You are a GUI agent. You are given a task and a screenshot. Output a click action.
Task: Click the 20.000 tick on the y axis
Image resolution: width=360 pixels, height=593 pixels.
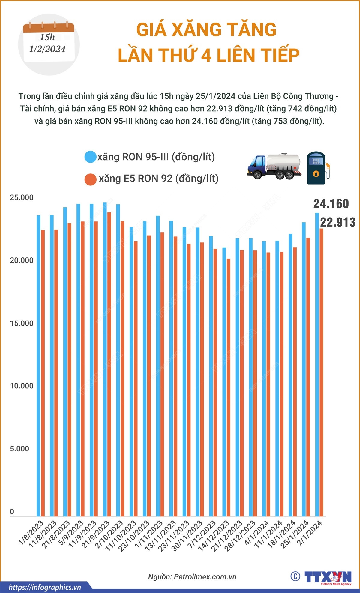click(22, 260)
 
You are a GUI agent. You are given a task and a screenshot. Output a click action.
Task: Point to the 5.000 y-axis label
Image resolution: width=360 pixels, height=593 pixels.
click(19, 449)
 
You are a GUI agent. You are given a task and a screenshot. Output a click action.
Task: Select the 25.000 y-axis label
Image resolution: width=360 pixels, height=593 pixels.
click(22, 198)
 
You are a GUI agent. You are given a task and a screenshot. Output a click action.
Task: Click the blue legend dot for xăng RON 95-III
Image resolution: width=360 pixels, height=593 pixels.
click(90, 157)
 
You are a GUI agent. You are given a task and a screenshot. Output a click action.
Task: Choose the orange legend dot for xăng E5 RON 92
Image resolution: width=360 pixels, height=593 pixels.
click(90, 179)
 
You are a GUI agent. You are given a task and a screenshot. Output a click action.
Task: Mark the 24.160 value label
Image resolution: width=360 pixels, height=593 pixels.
click(331, 204)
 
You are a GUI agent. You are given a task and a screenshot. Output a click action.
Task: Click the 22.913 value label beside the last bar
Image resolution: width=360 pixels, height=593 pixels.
click(337, 222)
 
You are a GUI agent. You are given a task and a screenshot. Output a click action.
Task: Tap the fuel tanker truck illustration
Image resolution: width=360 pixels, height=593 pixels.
click(274, 167)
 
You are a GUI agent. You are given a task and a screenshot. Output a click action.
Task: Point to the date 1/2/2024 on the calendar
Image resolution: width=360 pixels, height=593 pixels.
click(47, 49)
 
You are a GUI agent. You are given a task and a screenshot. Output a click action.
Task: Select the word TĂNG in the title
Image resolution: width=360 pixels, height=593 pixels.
click(251, 30)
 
